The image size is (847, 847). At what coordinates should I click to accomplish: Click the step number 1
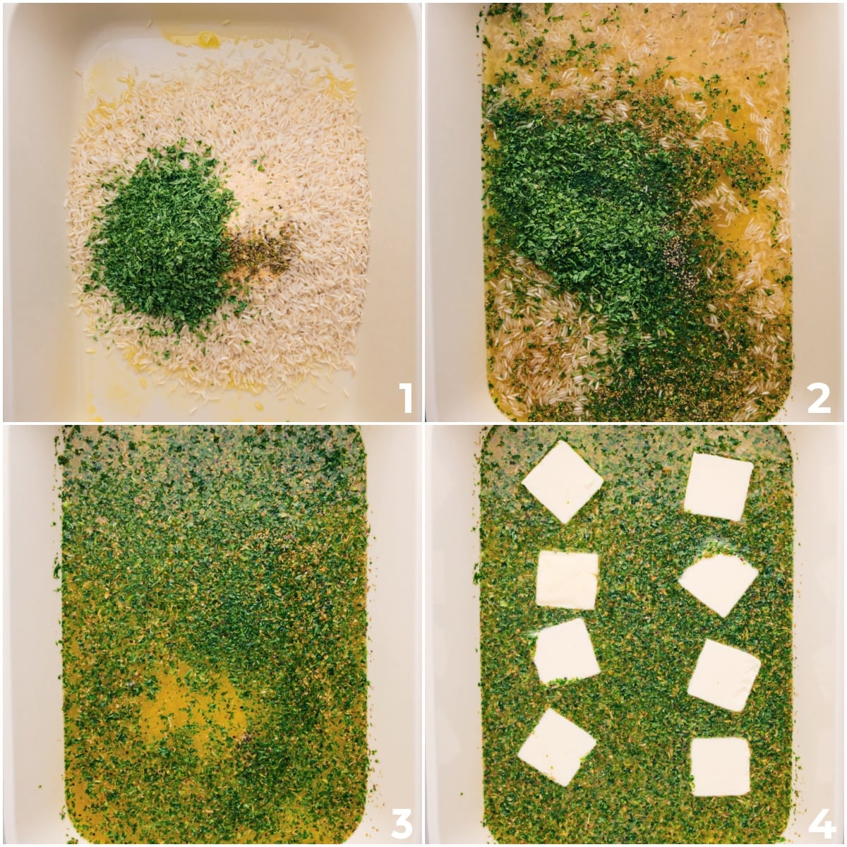405,398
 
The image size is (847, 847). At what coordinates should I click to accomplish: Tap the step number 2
819,398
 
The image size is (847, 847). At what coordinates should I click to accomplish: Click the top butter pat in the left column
562,481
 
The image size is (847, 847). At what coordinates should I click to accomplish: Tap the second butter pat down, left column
567,579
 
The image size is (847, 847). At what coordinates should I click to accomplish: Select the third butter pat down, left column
566,651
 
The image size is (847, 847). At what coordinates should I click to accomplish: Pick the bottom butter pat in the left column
556,747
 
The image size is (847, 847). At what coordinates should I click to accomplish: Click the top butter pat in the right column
718,486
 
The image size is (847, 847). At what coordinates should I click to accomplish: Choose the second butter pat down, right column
719,583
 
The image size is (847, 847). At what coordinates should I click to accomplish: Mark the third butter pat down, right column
723,675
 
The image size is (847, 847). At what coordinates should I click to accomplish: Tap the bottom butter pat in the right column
720,767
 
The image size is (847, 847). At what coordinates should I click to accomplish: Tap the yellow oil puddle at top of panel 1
205,39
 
